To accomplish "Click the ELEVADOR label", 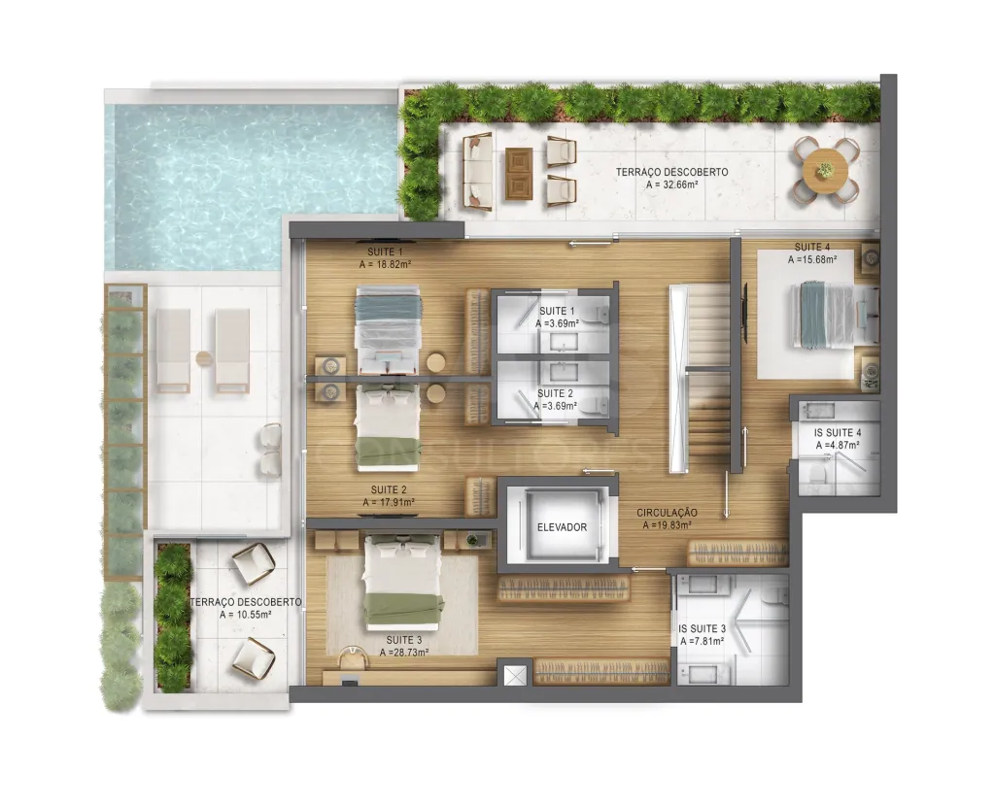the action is click(562, 527).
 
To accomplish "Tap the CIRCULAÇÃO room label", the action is click(667, 513).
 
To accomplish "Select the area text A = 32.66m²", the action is click(672, 185).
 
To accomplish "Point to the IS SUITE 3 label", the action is click(702, 628).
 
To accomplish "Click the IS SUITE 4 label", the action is click(838, 432).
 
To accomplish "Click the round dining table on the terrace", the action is click(826, 170).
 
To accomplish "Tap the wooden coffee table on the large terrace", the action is click(519, 174).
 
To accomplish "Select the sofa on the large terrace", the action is click(478, 171).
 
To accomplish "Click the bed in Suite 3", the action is click(402, 582).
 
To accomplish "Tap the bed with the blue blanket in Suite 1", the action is click(388, 330).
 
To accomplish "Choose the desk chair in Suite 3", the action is click(353, 658).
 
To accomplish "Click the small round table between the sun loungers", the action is click(204, 358).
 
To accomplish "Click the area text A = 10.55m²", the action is click(246, 615).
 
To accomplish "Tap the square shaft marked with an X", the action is click(515, 675).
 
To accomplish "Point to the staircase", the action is click(706, 379).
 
